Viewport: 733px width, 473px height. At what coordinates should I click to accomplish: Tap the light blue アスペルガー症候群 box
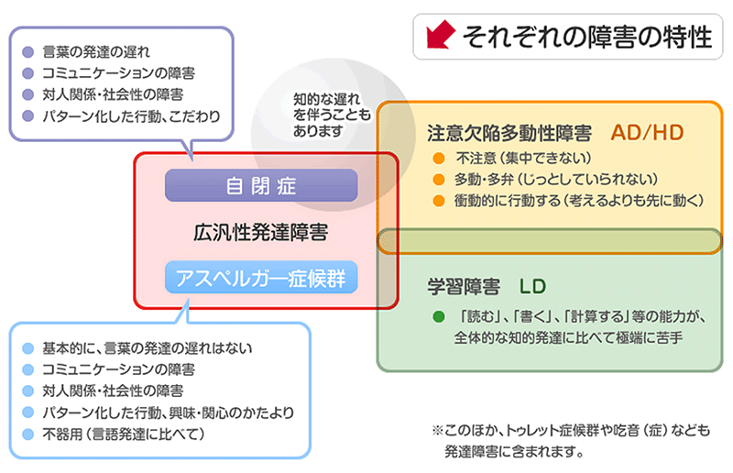[x=261, y=277]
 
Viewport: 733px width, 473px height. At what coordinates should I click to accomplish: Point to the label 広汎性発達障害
[x=261, y=231]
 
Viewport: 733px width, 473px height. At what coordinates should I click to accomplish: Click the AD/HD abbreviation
[x=648, y=131]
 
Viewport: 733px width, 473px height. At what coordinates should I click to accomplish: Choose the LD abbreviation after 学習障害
[x=532, y=284]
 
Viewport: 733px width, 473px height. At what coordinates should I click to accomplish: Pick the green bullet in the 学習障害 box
[x=438, y=317]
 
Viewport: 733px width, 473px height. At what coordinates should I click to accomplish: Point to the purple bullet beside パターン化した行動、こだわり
[x=28, y=116]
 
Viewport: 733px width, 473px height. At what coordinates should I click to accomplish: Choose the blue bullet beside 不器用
[x=28, y=433]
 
